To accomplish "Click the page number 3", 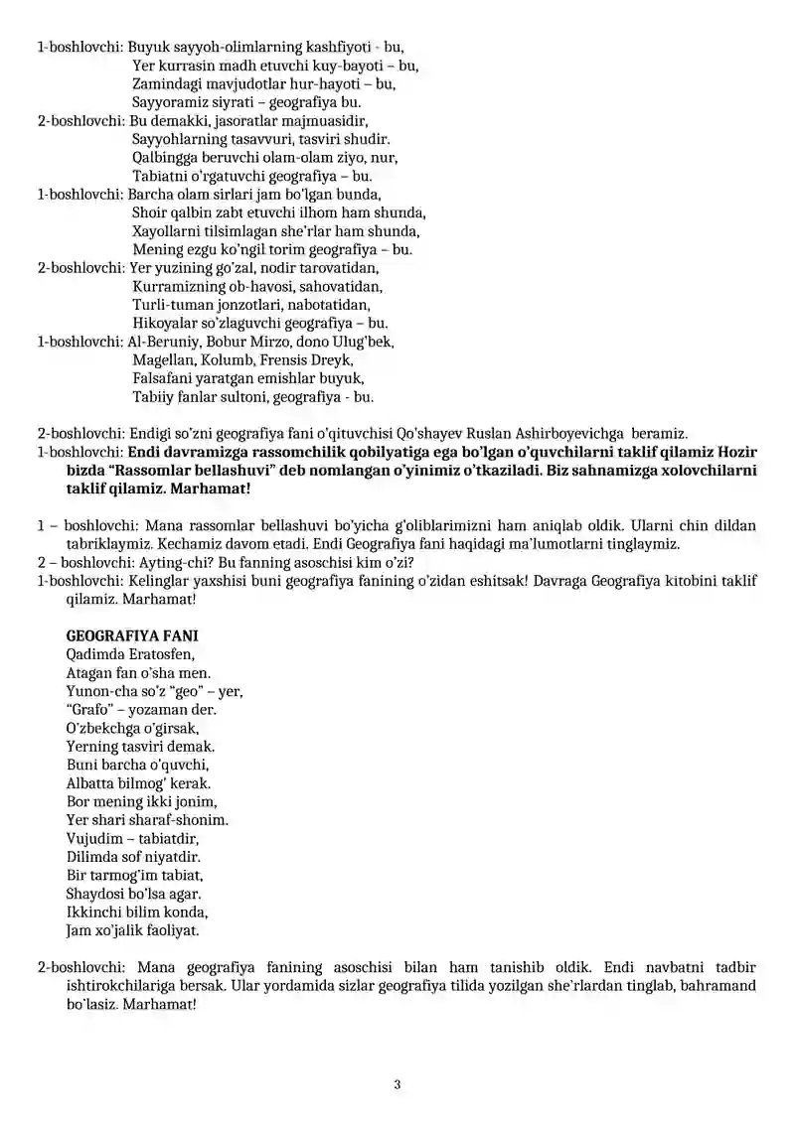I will [397, 1084].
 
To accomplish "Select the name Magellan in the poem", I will [162, 360].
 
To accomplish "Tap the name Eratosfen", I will [162, 653].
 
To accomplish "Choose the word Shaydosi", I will [94, 894].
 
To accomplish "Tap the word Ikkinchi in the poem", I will [93, 912].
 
